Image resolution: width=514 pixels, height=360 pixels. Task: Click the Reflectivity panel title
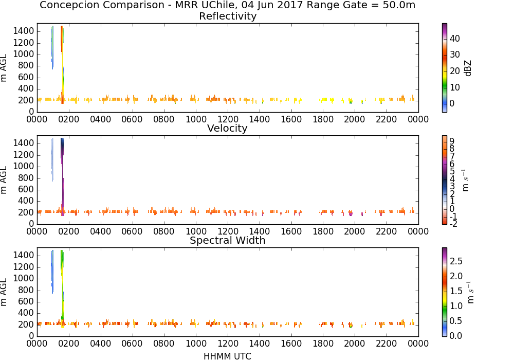(228, 16)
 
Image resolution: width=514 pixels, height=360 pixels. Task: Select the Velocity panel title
(227, 128)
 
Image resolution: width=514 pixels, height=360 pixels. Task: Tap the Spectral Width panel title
(228, 240)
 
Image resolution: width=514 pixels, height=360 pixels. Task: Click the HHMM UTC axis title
(227, 356)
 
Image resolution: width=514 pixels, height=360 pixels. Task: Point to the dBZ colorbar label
(468, 68)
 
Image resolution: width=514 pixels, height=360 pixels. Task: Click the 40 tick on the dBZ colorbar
(455, 39)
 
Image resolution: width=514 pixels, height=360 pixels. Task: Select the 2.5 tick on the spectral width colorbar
(456, 261)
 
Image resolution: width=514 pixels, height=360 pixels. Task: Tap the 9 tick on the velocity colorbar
(452, 141)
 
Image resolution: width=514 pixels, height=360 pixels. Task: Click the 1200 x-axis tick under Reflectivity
(228, 119)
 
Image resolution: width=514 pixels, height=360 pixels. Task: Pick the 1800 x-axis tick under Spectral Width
(323, 344)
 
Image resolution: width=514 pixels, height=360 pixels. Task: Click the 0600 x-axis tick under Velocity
(133, 231)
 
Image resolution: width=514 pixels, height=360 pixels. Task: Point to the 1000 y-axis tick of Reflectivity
(24, 55)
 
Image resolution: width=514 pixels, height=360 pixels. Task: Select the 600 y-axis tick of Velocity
(26, 189)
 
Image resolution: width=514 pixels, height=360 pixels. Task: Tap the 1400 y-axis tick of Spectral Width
(24, 255)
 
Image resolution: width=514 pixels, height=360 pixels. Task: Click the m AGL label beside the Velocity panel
(4, 180)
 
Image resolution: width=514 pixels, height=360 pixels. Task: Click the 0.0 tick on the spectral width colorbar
(456, 336)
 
